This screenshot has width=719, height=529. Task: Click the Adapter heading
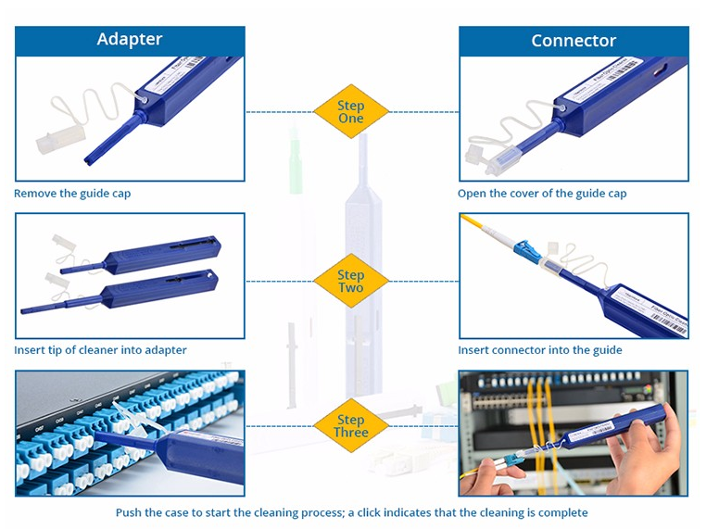point(130,39)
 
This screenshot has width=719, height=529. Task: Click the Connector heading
point(574,41)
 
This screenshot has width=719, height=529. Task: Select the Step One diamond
point(350,112)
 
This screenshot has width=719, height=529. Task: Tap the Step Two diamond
point(350,281)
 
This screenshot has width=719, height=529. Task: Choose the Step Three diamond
point(350,426)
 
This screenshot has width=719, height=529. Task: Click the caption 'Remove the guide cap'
point(72,194)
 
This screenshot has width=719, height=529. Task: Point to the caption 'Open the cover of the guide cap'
point(542,194)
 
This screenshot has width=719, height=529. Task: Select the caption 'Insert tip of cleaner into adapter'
point(100,350)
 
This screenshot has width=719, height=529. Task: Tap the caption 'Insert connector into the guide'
point(540,350)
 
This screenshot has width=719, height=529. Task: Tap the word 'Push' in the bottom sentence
point(130,512)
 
